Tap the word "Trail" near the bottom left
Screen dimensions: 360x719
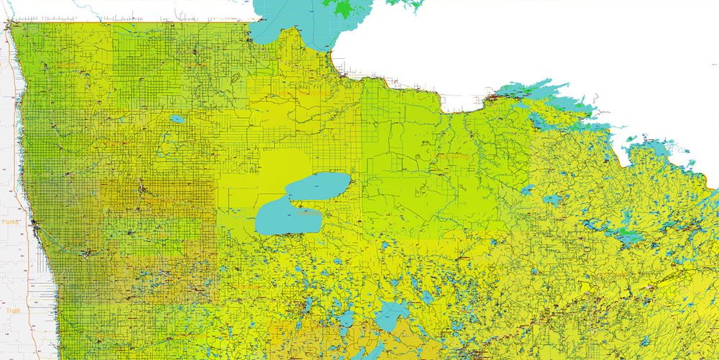(x=12, y=311)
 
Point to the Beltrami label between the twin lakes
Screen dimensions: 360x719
(x=308, y=213)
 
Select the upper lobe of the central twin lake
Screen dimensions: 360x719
(x=319, y=188)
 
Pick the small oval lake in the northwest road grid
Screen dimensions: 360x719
(x=177, y=119)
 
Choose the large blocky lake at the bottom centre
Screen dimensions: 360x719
(x=392, y=316)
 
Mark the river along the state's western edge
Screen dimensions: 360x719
(x=22, y=144)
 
